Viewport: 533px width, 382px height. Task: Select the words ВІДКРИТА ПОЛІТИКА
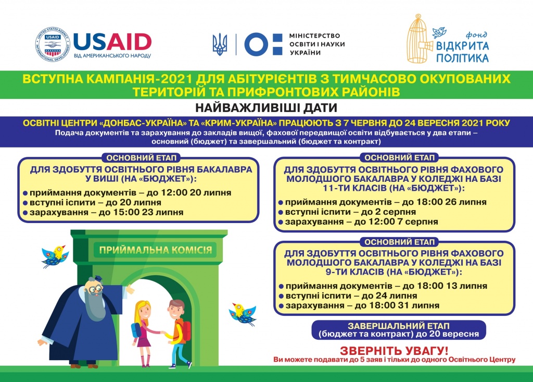pyautogui.click(x=462, y=51)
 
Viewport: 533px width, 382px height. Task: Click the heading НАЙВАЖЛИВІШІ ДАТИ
pyautogui.click(x=266, y=108)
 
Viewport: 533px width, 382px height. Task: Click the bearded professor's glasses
pyautogui.click(x=94, y=287)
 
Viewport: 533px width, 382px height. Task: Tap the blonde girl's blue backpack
pyautogui.click(x=136, y=329)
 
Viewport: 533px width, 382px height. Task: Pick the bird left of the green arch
pyautogui.click(x=55, y=254)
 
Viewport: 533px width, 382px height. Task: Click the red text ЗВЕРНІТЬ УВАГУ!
pyautogui.click(x=394, y=350)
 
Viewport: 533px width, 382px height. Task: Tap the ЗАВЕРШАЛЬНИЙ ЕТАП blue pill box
pyautogui.click(x=400, y=329)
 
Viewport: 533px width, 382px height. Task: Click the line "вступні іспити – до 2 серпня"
pyautogui.click(x=347, y=212)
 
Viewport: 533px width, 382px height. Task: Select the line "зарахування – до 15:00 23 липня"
pyautogui.click(x=103, y=212)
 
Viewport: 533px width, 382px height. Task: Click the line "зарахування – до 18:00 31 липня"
pyautogui.click(x=359, y=305)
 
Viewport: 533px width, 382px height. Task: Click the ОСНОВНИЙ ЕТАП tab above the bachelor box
pyautogui.click(x=142, y=158)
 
